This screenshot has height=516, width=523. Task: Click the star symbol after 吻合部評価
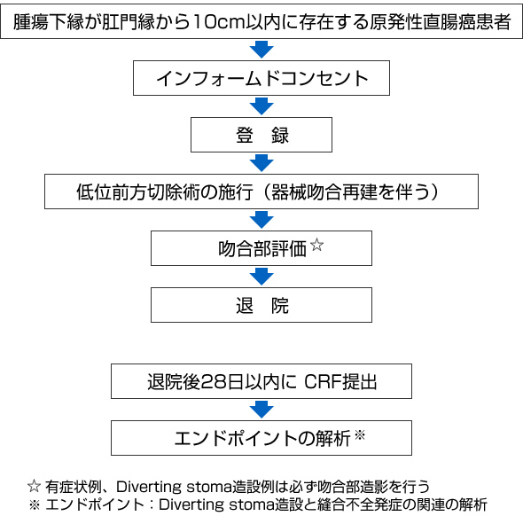[x=316, y=245]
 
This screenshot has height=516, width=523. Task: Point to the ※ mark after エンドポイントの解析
[x=360, y=435]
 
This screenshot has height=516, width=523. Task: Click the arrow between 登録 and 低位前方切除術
[x=261, y=163]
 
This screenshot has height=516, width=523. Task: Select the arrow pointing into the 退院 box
[x=261, y=277]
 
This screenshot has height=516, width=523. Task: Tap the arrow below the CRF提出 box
[x=261, y=410]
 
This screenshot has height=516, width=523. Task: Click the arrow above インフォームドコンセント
[x=261, y=50]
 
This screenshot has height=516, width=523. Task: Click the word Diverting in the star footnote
[x=148, y=487]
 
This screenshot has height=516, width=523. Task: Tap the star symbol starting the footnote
[x=34, y=487]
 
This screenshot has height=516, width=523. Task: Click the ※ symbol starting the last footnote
[x=35, y=504]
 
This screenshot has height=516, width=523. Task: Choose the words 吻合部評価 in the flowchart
[x=262, y=249]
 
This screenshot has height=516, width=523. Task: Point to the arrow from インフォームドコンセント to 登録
[x=261, y=106]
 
